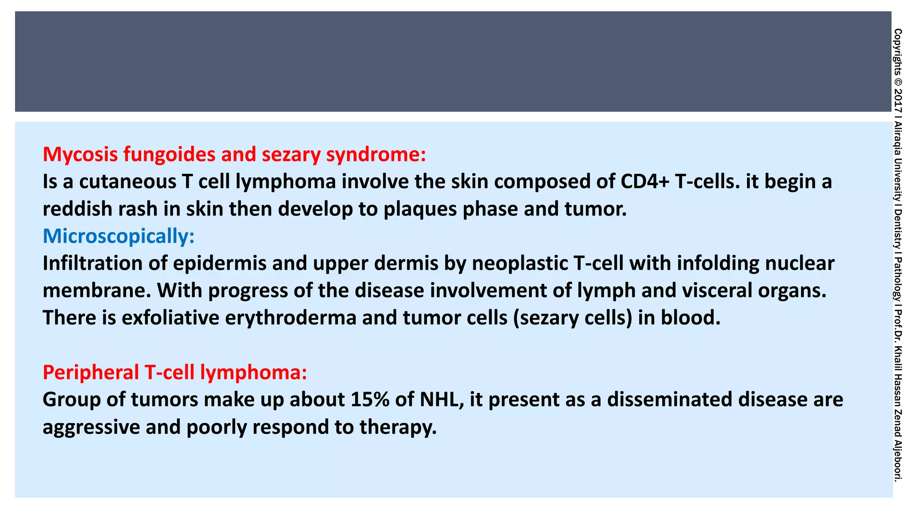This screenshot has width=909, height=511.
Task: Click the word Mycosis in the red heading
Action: pos(80,154)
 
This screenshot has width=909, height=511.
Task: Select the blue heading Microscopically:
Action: pos(119,236)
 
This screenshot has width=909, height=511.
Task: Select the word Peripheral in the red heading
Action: pos(91,372)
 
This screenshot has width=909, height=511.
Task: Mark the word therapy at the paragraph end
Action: pos(398,427)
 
